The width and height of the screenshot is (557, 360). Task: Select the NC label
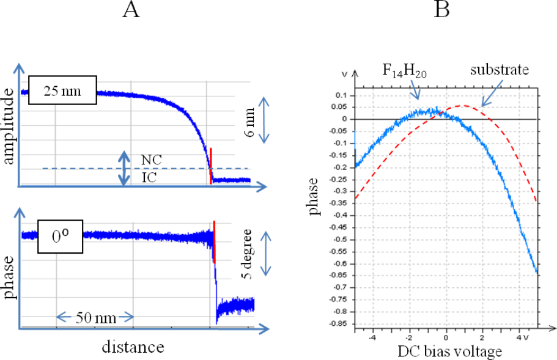click(x=148, y=159)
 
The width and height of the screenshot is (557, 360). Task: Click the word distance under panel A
click(x=133, y=347)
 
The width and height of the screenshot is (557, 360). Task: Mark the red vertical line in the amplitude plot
click(x=211, y=165)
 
